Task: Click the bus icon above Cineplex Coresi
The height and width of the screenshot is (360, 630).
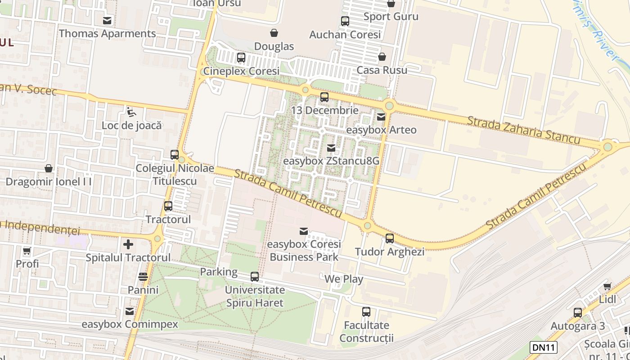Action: pos(241,58)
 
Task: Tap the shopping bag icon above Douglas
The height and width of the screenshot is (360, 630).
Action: pos(274,33)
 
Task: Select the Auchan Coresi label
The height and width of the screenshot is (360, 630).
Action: pos(345,35)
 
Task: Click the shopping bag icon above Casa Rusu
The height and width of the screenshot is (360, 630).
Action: pos(382,57)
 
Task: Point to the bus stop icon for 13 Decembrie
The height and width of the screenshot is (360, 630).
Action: pos(324,97)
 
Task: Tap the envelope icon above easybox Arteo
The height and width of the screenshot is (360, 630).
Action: pos(381,117)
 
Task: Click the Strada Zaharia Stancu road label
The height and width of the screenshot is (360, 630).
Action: pos(523,130)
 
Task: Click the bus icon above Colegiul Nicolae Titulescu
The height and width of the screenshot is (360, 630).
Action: pos(175,155)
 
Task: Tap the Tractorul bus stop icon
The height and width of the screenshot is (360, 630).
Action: pos(168,206)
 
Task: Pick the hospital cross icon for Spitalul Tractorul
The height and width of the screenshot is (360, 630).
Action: pos(128,244)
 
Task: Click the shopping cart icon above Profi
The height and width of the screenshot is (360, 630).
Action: pos(27,251)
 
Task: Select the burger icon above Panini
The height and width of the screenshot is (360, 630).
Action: pos(143,276)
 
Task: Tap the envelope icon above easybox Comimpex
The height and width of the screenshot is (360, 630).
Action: pos(130,311)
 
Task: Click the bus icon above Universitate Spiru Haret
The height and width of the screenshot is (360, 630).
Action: pos(255,277)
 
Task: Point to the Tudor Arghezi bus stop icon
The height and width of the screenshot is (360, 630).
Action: pos(390,238)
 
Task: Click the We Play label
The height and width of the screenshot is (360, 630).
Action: pos(344,279)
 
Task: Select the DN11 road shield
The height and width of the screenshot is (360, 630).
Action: pos(544,347)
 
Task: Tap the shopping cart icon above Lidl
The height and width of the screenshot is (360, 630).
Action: pos(607,287)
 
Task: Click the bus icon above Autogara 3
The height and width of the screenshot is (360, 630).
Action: pos(578,313)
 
